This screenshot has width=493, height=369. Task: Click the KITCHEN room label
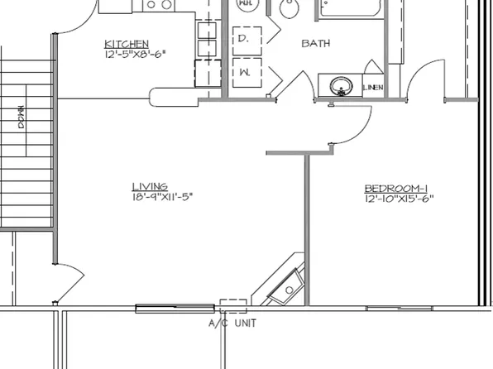click(x=127, y=43)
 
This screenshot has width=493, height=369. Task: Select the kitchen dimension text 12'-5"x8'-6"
click(x=135, y=54)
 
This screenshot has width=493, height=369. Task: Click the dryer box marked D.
click(x=246, y=39)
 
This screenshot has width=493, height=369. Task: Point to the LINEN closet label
click(x=371, y=87)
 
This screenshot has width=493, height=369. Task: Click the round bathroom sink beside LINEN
click(x=338, y=85)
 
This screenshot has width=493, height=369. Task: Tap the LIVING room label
click(x=150, y=186)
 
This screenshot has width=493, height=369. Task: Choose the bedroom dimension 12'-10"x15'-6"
click(x=400, y=198)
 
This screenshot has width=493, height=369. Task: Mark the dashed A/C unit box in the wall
click(x=233, y=304)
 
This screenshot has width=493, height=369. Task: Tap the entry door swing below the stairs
click(x=67, y=285)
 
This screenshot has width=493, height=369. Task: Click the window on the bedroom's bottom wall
click(x=400, y=308)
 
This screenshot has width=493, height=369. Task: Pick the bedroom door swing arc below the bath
click(x=352, y=124)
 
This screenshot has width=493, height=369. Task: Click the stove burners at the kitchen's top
click(x=157, y=5)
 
